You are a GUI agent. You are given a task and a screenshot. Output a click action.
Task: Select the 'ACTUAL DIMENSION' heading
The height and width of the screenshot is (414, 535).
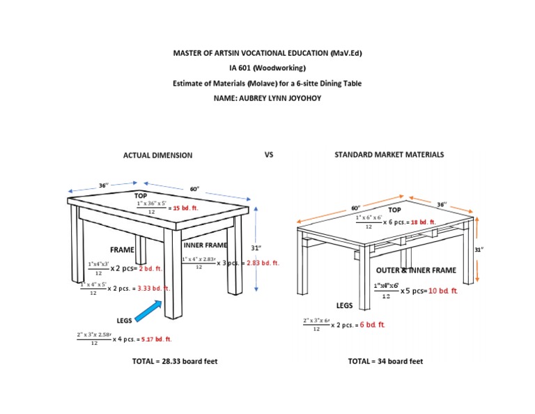point(157,155)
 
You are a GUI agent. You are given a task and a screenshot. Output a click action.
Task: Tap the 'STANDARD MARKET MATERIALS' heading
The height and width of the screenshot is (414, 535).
point(389,155)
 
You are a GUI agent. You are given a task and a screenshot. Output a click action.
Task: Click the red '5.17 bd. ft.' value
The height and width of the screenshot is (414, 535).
point(156,339)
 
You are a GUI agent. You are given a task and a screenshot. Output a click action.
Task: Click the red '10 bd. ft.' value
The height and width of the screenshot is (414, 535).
point(443,291)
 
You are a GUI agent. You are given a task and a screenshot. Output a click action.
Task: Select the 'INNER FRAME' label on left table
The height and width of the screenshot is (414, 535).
point(206,245)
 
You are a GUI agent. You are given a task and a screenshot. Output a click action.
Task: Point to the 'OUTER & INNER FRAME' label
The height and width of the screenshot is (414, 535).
point(417,270)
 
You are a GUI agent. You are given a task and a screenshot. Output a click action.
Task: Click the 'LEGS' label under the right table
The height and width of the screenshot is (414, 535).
point(345,305)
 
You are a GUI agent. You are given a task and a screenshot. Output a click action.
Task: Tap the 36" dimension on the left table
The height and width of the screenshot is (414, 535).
point(103,185)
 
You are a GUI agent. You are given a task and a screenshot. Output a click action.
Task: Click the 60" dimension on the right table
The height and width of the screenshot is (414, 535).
point(355,208)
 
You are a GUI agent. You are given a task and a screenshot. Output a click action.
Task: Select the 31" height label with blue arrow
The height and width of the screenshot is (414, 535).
point(255,247)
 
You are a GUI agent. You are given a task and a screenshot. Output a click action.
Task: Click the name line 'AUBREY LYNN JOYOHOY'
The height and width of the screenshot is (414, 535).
point(267,98)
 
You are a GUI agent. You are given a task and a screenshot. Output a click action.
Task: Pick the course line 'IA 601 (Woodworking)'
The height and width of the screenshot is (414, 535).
point(267,68)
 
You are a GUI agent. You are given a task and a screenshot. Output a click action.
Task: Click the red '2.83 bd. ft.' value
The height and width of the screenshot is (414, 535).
point(263,263)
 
